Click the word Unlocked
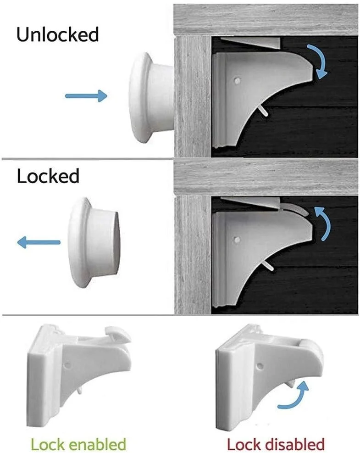57,34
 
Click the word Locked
48,176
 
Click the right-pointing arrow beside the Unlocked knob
86,96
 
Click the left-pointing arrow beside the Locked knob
39,242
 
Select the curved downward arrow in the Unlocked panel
318,62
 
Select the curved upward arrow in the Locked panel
322,223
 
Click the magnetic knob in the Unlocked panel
151,98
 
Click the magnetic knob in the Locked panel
94,243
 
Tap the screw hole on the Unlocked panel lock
237,81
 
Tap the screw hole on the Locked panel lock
237,240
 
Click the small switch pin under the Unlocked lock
263,111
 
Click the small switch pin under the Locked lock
268,265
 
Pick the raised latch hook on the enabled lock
117,334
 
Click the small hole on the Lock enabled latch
68,365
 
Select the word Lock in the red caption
244,444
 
